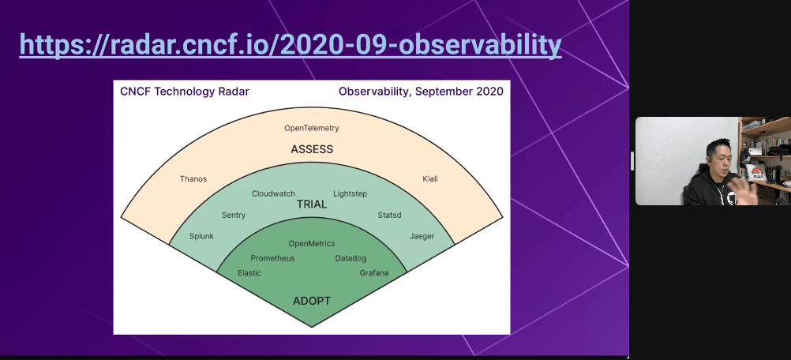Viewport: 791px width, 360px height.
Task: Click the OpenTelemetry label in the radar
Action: tap(311, 128)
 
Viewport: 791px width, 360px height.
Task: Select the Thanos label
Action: tap(193, 179)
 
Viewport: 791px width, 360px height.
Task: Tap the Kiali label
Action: tap(429, 179)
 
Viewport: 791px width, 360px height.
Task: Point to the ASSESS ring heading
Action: tap(312, 149)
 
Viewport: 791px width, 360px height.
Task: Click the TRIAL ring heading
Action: tap(312, 204)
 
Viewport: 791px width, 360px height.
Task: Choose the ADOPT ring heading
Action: tap(312, 301)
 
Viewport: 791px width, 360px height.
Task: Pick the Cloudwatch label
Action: tap(273, 193)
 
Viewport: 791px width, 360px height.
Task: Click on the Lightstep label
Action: tap(350, 193)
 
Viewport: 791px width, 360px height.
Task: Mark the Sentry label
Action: tap(234, 216)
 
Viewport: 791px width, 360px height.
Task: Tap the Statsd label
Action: tap(389, 216)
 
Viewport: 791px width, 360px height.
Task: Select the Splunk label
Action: tap(201, 237)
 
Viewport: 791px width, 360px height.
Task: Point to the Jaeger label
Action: tap(422, 237)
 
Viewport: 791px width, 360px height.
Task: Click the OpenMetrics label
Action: tap(312, 243)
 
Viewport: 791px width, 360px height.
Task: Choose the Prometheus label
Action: tap(272, 258)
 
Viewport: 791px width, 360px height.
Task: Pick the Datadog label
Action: tap(351, 258)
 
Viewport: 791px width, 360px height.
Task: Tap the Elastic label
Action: tap(249, 273)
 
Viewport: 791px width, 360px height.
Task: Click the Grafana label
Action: tap(374, 273)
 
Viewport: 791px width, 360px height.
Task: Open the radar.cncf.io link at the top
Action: tap(291, 45)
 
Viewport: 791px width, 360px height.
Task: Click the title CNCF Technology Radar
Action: tap(185, 92)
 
